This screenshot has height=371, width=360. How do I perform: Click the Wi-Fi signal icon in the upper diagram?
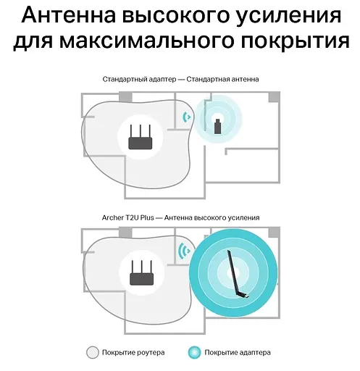point(188,116)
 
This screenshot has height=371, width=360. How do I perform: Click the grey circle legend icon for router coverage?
point(93,352)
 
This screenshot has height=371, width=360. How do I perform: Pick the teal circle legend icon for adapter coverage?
point(193,352)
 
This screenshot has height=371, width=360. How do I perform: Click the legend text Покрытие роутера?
point(134,353)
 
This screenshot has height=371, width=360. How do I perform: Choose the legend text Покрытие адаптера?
point(238,353)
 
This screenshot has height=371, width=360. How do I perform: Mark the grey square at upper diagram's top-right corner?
point(274,97)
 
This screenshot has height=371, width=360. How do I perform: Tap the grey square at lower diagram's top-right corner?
point(274,233)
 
